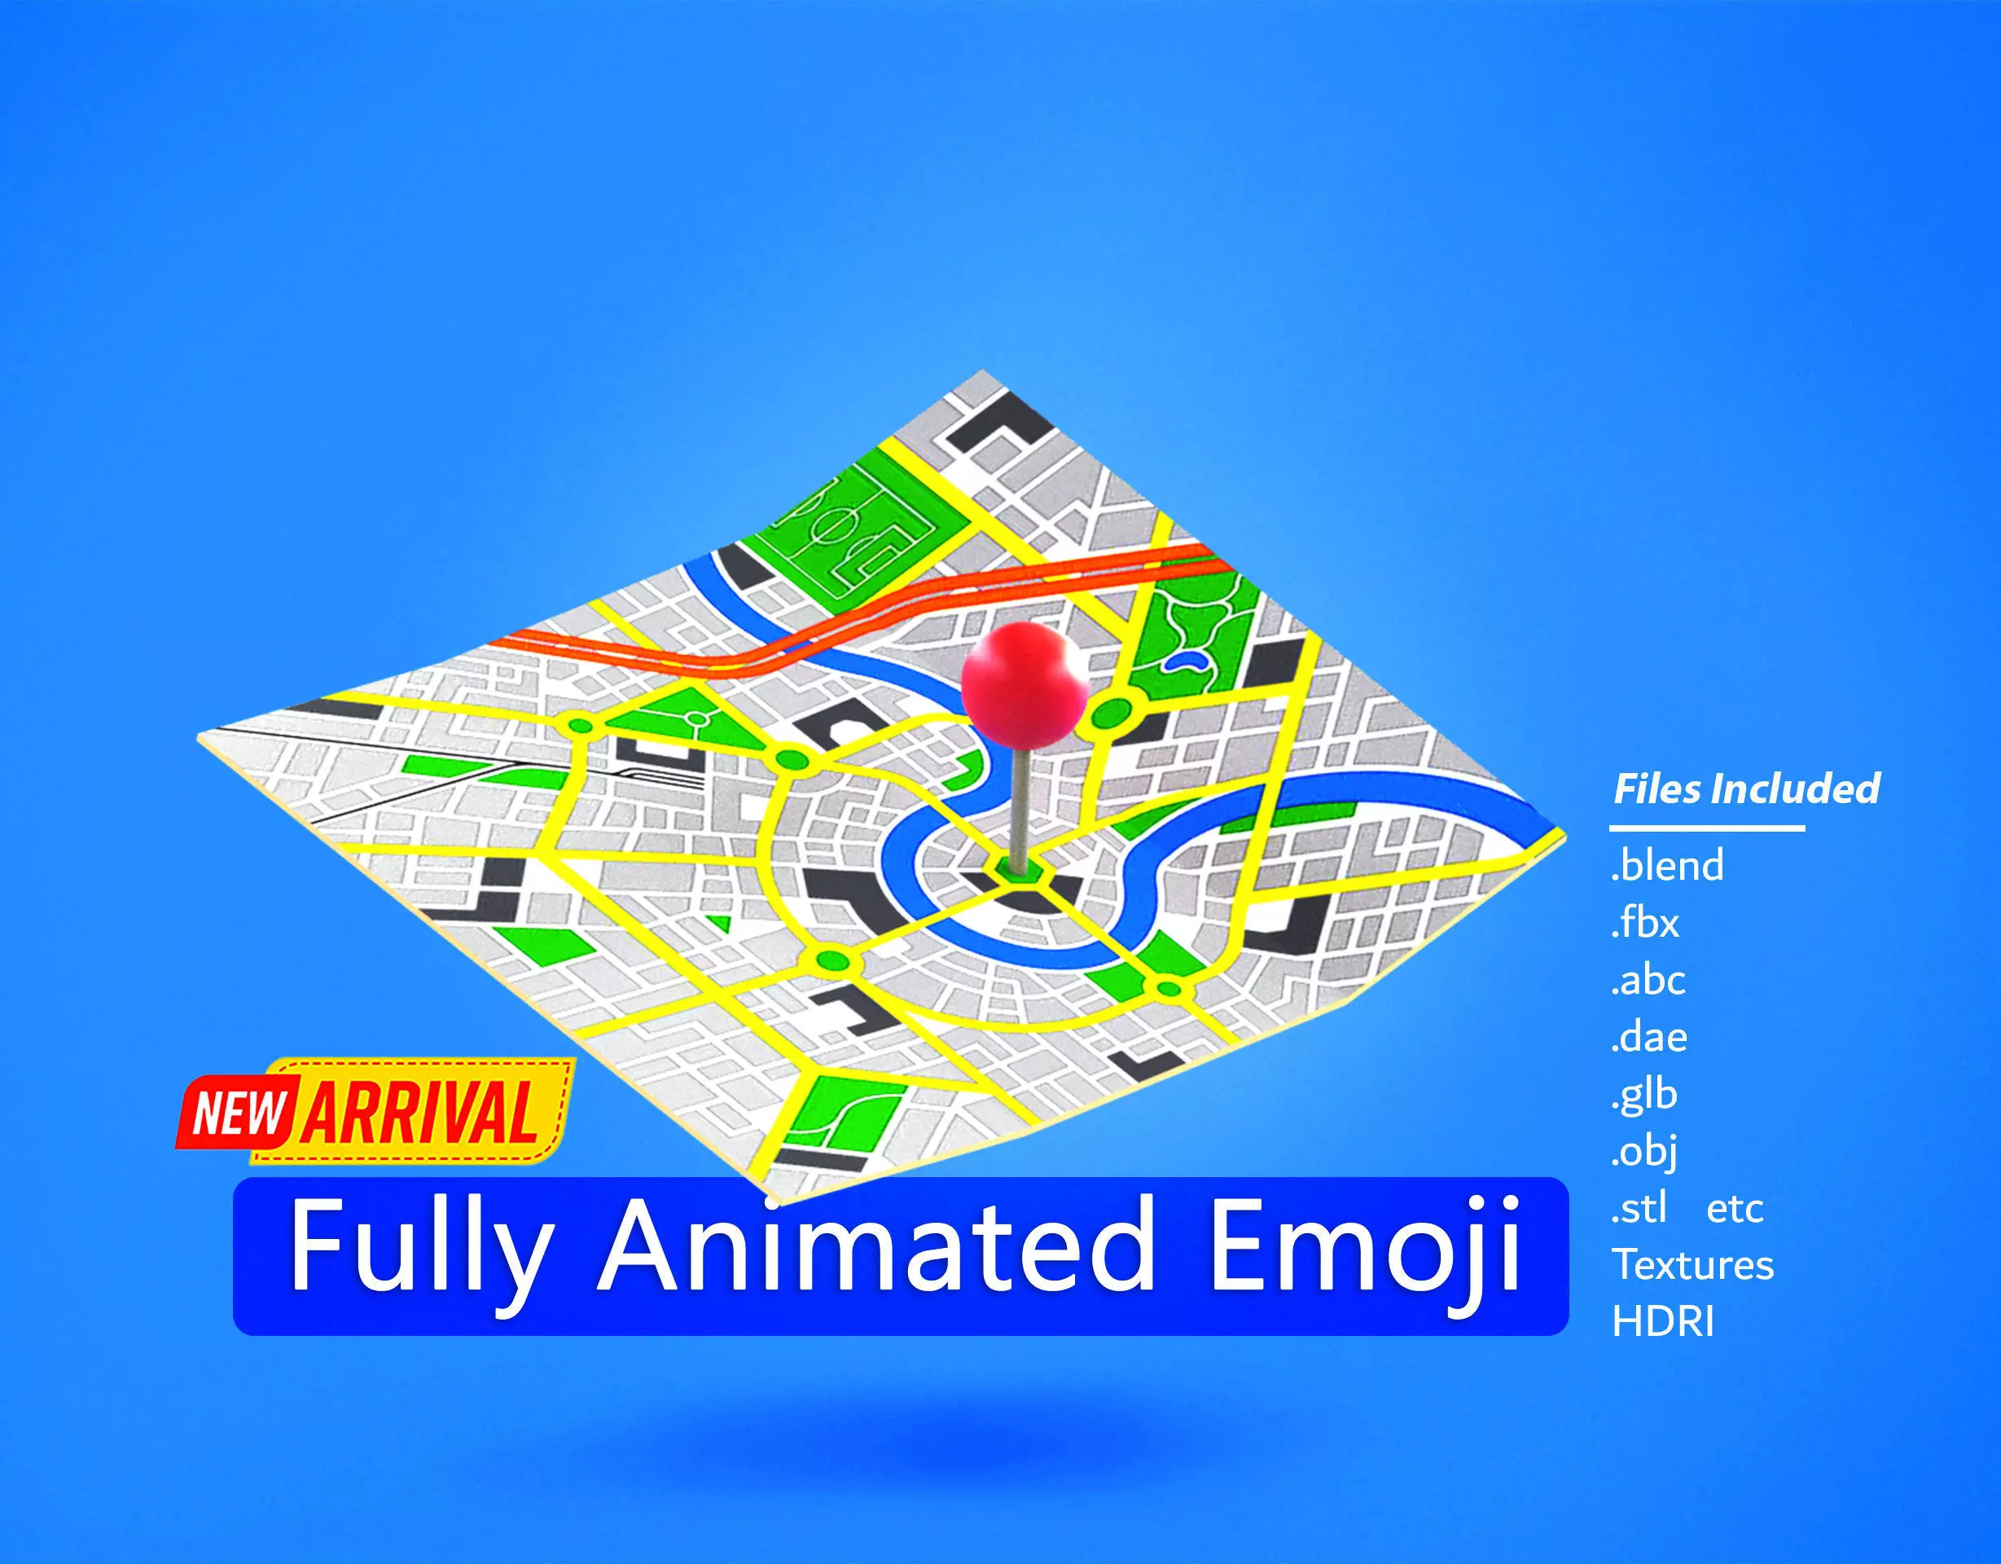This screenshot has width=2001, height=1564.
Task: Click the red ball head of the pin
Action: [1024, 682]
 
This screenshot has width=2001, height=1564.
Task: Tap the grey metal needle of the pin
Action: [1018, 806]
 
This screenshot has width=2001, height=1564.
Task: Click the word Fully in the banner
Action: [420, 1246]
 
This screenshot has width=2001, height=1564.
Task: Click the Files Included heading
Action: [1746, 789]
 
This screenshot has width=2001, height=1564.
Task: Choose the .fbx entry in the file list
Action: [1645, 923]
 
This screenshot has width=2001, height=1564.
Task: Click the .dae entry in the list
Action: [1649, 1037]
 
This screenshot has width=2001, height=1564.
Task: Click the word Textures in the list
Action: [1693, 1265]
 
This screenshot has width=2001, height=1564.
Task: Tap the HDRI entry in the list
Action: [1663, 1322]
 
